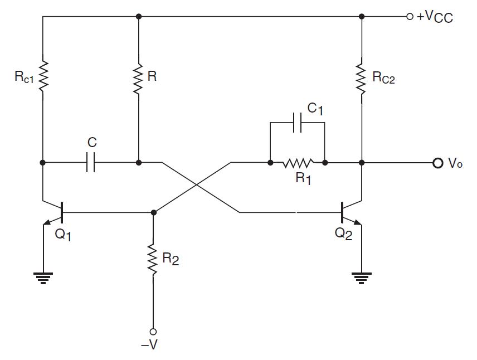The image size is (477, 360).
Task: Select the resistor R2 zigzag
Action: tap(153, 258)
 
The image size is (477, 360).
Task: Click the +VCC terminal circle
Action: tap(410, 17)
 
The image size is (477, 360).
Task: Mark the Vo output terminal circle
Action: tap(437, 163)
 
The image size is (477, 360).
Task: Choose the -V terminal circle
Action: tap(153, 332)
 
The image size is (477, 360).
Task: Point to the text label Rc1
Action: tap(24, 77)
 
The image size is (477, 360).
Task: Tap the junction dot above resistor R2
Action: tap(153, 212)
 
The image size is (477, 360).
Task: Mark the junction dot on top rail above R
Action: tap(139, 17)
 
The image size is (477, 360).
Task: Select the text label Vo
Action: tap(455, 164)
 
